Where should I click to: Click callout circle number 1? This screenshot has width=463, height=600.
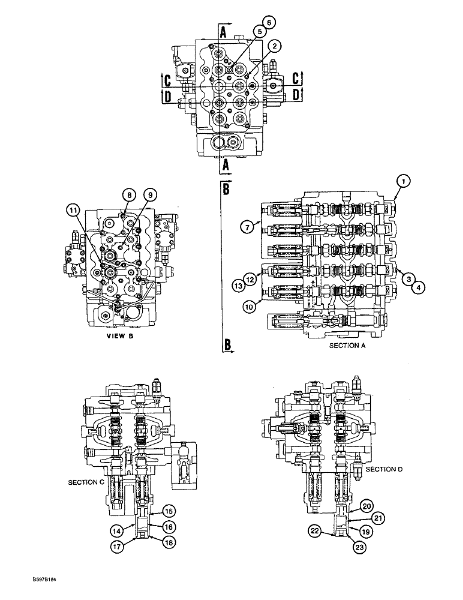404,180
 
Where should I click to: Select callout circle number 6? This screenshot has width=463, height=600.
269,22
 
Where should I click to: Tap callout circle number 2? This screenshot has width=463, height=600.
273,46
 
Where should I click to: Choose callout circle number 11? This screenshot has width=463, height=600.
73,209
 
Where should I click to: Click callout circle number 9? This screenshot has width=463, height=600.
151,194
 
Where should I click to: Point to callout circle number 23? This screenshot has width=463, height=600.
359,547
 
